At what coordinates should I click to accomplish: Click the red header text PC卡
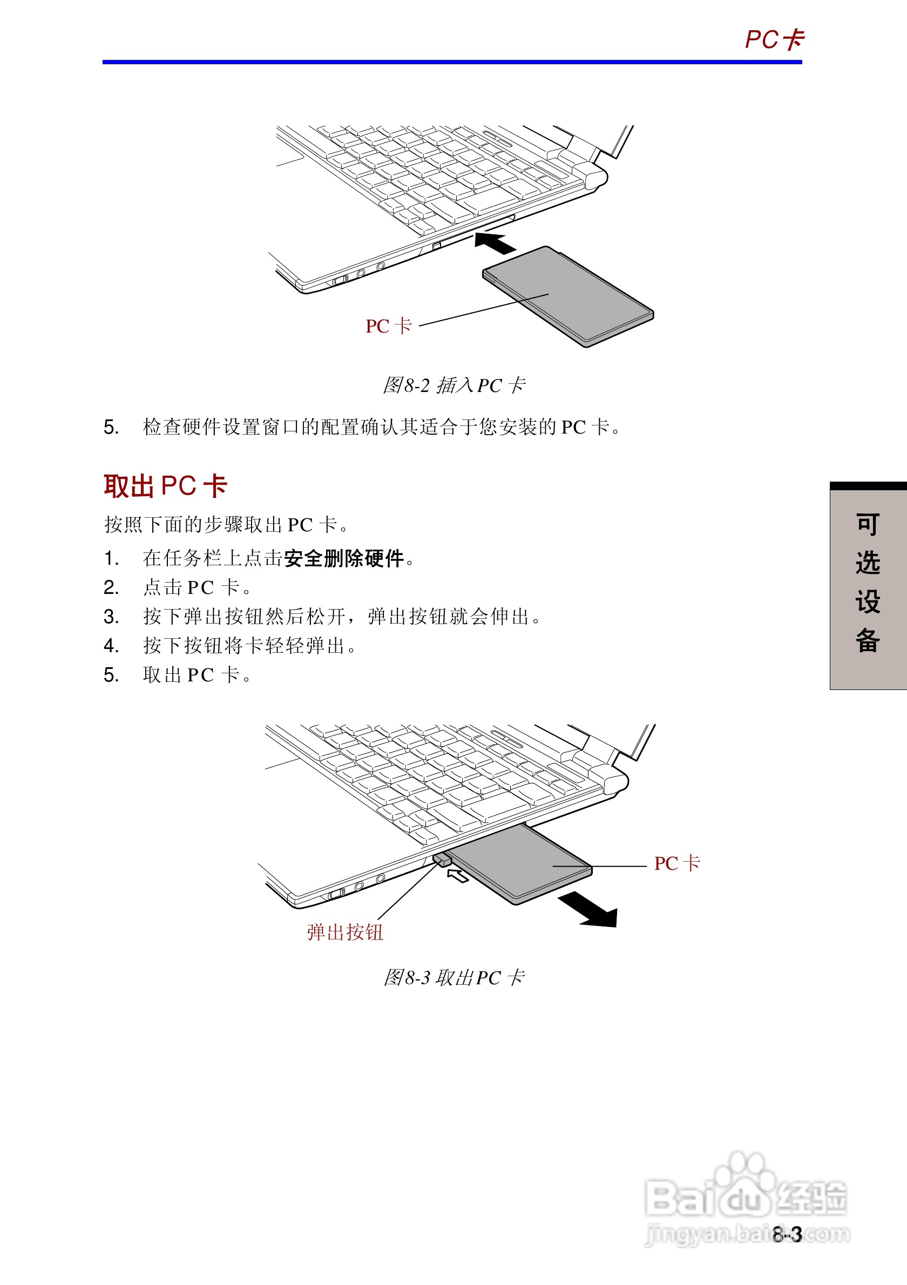point(774,40)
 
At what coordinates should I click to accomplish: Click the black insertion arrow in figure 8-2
point(495,244)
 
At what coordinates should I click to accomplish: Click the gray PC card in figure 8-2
point(568,296)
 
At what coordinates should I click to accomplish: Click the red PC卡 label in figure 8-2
point(388,326)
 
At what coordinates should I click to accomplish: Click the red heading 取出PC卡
point(165,485)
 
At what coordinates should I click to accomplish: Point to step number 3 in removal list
point(111,617)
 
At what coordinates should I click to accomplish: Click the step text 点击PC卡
point(196,587)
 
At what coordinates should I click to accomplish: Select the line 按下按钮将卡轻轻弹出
point(249,646)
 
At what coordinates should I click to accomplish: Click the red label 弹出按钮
point(344,932)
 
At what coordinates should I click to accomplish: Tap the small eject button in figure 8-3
point(442,859)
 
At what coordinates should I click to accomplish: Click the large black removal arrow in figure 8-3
point(590,910)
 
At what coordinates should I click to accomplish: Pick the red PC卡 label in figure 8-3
point(676,863)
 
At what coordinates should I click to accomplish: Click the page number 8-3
point(787,1235)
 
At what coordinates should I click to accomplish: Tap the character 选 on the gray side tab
point(867,563)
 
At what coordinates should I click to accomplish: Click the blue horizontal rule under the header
point(452,62)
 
